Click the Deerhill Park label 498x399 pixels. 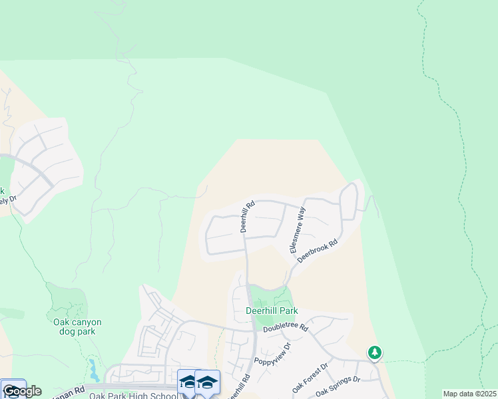tap(272, 311)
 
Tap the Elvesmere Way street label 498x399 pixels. tap(297, 230)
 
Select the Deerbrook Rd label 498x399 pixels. tap(318, 251)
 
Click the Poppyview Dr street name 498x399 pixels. tap(272, 356)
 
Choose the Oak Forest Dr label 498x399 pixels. tap(311, 377)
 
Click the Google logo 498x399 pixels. tap(22, 391)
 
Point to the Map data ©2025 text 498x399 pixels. tap(469, 394)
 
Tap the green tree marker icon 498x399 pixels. tap(375, 352)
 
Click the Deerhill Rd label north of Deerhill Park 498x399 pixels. tap(246, 217)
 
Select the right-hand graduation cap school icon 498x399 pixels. tap(208, 382)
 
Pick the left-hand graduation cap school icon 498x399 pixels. tap(189, 382)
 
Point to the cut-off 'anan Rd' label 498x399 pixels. tap(69, 393)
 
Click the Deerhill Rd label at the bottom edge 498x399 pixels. tap(239, 388)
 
